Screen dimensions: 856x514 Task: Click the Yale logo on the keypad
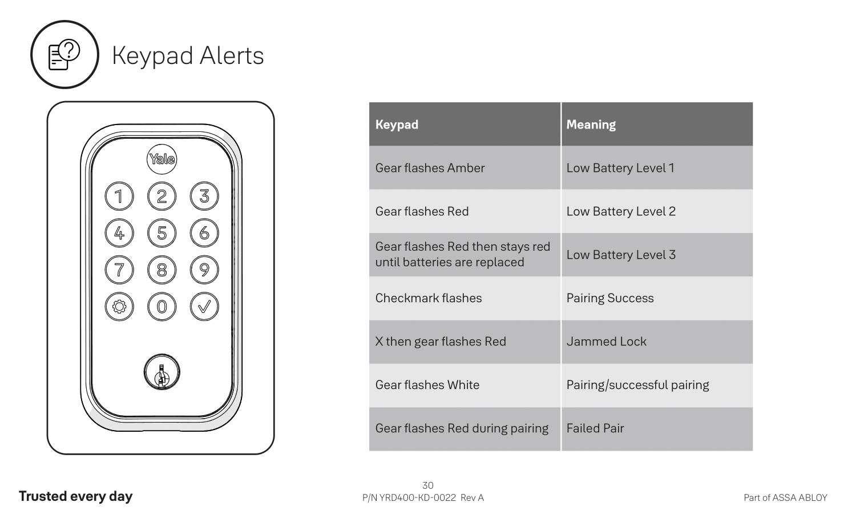coord(161,159)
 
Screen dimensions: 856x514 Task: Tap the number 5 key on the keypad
coord(161,233)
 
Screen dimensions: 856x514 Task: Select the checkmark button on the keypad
coord(204,307)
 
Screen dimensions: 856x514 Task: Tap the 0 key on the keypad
coord(161,307)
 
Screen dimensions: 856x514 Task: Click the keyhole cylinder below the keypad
coord(161,372)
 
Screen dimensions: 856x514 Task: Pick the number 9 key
coord(204,270)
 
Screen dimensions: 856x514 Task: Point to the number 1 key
coord(119,196)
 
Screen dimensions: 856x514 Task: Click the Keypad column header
coord(465,124)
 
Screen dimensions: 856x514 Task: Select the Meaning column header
coord(657,124)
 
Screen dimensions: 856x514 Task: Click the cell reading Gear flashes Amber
coord(465,167)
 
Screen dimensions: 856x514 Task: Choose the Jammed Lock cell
coord(657,342)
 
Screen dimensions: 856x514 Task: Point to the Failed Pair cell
coord(657,429)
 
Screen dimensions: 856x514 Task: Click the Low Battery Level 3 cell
coord(657,255)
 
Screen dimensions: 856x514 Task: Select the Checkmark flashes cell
coord(465,298)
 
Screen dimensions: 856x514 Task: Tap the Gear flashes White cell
coord(465,385)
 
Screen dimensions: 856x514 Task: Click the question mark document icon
coord(64,55)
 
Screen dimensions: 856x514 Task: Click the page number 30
coord(427,485)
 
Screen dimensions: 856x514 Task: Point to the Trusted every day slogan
coord(76,496)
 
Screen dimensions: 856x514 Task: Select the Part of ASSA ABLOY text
coord(785,497)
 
